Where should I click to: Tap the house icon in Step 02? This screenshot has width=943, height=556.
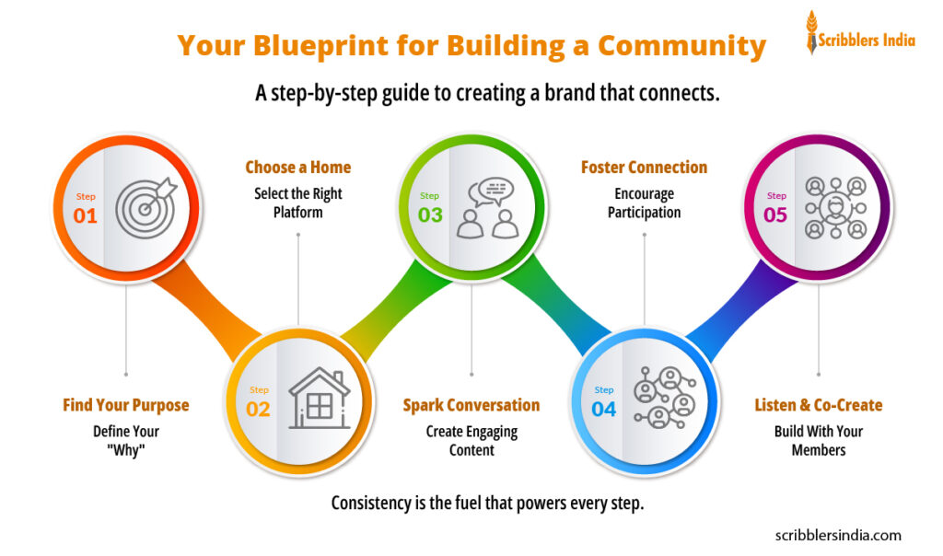click(319, 399)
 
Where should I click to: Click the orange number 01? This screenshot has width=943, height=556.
click(86, 216)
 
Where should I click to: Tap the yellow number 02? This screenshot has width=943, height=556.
click(259, 410)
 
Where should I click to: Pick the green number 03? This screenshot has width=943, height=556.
click(430, 216)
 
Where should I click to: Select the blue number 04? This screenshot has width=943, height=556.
click(604, 410)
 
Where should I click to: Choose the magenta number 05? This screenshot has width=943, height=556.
click(775, 215)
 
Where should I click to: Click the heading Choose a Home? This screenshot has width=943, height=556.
click(297, 168)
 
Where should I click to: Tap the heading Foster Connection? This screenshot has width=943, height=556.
click(644, 168)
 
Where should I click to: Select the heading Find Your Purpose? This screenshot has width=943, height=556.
click(126, 405)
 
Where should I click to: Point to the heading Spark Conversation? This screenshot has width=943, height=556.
click(471, 405)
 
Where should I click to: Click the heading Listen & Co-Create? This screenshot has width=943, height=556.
click(819, 405)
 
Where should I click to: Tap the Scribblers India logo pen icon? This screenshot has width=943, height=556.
click(812, 32)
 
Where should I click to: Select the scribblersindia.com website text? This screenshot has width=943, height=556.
click(839, 535)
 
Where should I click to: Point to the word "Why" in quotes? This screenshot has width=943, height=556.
click(126, 450)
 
